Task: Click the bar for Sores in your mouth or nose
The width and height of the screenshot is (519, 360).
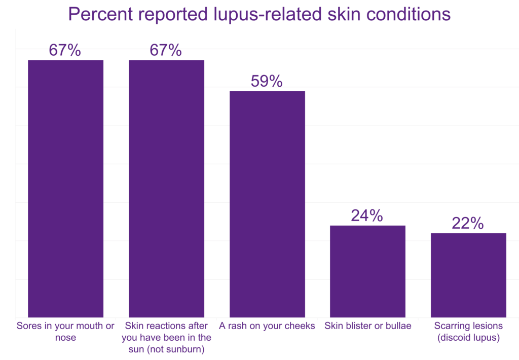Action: [x=65, y=189]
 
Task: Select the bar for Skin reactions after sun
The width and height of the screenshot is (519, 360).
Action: [x=166, y=189]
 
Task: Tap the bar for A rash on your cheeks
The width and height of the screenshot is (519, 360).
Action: [x=267, y=204]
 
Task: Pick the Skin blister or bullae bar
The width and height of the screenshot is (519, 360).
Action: [x=367, y=271]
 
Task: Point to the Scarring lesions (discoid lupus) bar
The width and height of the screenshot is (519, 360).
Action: [x=468, y=275]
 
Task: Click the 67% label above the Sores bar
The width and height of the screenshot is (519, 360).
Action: [x=65, y=50]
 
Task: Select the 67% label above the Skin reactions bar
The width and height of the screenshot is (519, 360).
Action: [x=166, y=50]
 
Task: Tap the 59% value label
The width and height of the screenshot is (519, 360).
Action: [x=267, y=82]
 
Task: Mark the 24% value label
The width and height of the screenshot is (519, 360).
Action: [x=367, y=216]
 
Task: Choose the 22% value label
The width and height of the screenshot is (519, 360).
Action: [x=468, y=224]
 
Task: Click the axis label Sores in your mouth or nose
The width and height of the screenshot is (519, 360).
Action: [x=65, y=331]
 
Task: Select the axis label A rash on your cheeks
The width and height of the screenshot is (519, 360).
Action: [x=267, y=326]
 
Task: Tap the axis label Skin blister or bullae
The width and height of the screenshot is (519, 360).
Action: [x=367, y=326]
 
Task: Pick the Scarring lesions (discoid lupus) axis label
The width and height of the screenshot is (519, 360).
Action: [x=468, y=331]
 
